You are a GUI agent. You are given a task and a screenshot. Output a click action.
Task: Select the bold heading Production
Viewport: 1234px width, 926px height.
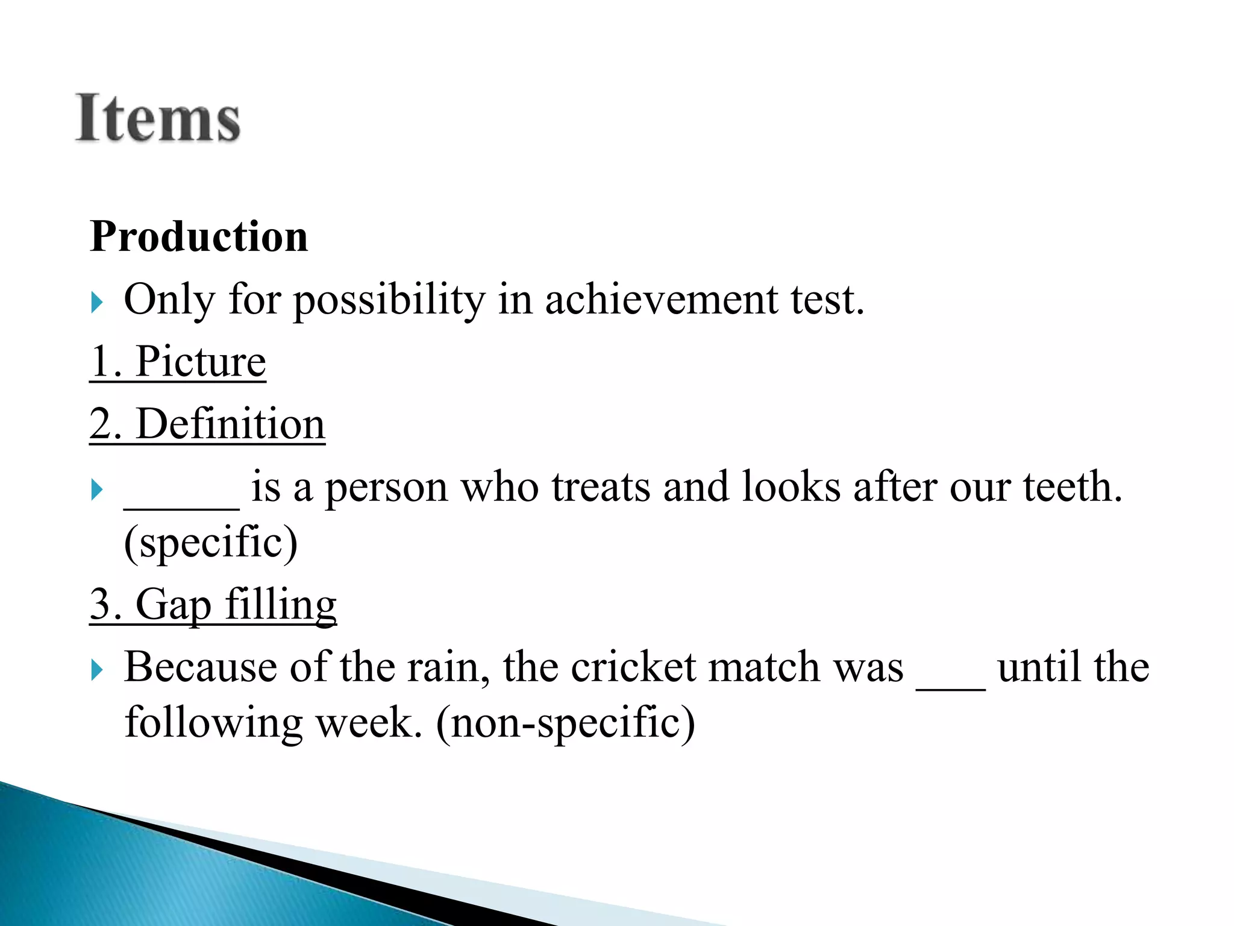pos(199,236)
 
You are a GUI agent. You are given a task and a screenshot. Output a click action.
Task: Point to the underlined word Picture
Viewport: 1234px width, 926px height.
pos(201,362)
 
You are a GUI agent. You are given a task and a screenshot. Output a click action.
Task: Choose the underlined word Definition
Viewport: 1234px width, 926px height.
pos(231,424)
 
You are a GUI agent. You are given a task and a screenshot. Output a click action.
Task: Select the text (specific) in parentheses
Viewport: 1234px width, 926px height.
pos(210,542)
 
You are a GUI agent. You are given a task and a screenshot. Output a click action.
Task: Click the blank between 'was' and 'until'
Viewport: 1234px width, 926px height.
pos(950,685)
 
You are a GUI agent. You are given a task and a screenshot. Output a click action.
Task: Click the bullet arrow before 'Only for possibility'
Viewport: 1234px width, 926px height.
pos(97,302)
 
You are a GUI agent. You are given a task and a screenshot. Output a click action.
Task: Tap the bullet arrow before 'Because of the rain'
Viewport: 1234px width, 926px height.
pos(97,670)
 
